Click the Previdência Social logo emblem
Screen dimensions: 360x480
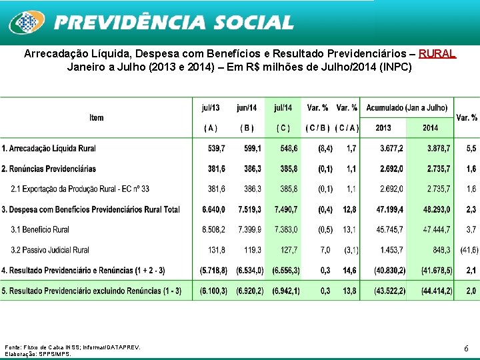[26, 23]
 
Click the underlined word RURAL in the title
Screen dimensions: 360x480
[437, 53]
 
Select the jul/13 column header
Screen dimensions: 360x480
[210, 107]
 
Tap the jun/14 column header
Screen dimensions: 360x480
[247, 107]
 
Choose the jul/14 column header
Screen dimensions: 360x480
[283, 107]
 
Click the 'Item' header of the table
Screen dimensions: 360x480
[97, 117]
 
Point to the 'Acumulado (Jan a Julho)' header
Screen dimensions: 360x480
[407, 107]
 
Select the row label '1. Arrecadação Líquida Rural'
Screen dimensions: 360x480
[49, 148]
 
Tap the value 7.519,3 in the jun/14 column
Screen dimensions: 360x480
[249, 209]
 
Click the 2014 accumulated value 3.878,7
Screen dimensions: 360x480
[437, 148]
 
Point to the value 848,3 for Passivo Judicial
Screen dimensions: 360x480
[441, 251]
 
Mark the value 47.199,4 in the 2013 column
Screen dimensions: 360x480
[389, 209]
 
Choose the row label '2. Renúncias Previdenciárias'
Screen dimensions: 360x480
[49, 169]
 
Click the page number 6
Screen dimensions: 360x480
[466, 348]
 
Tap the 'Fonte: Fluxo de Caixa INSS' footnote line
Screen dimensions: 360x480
[73, 347]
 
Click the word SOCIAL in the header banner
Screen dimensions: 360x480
[254, 23]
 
